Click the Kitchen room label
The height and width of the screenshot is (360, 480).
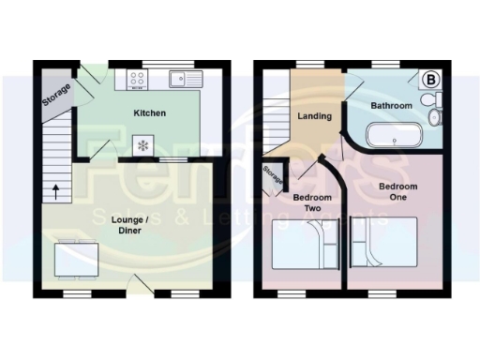pos(149,113)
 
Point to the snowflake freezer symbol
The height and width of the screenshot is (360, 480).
pos(143,145)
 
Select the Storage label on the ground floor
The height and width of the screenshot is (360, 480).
pos(55,94)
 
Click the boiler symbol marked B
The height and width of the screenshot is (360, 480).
pos(432,79)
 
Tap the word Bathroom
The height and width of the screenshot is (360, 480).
pos(391,106)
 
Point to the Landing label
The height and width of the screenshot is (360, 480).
pos(312,116)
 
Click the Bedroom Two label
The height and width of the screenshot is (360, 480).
pos(307,202)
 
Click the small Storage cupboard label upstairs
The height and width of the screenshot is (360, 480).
pos(273,175)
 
